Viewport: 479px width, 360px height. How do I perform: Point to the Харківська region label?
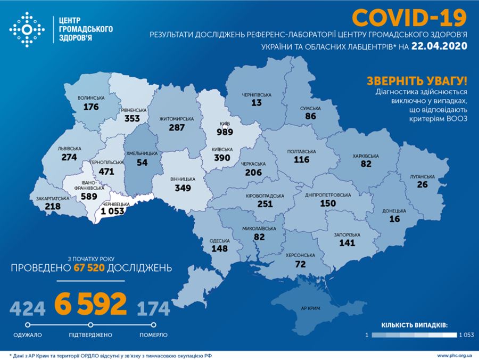tap(366, 156)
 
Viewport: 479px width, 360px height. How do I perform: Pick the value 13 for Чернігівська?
tap(257, 103)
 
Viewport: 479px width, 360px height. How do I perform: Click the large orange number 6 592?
tap(90, 304)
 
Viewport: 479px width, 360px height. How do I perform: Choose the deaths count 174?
tap(154, 308)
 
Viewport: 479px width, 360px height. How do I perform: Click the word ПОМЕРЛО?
tap(154, 335)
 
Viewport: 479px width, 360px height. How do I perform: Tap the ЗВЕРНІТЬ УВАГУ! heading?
tap(417, 81)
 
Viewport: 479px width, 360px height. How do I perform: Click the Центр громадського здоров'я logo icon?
tap(27, 29)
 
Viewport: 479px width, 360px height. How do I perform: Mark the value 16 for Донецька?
tap(394, 219)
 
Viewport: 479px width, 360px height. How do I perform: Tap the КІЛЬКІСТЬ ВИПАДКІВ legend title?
tap(414, 324)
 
